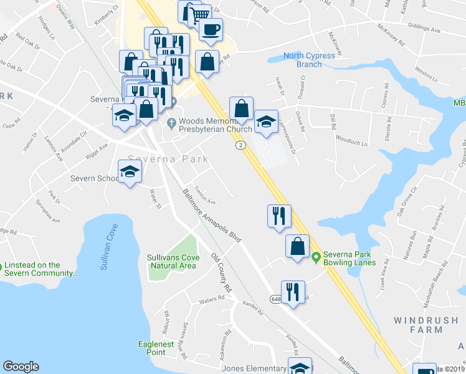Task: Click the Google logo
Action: point(21,367)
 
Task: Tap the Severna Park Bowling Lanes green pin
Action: point(316,256)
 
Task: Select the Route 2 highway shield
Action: point(240,145)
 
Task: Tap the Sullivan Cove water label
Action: point(110,247)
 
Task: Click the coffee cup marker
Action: point(211,29)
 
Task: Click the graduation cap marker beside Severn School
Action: point(130,171)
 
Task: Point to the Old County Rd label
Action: point(221,272)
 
